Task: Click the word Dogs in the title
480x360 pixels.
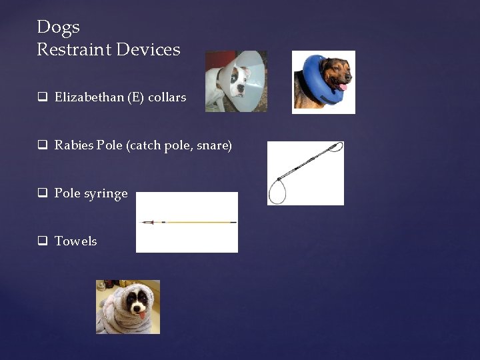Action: pyautogui.click(x=58, y=27)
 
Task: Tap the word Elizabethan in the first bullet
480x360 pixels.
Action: pyautogui.click(x=89, y=97)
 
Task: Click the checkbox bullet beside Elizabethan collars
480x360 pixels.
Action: pyautogui.click(x=42, y=97)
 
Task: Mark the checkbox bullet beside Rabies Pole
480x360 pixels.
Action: pyautogui.click(x=42, y=145)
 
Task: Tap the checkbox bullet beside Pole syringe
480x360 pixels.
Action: pyautogui.click(x=42, y=193)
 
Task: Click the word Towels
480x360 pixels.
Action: pyautogui.click(x=75, y=241)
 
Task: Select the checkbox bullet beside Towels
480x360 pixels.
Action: pyautogui.click(x=42, y=241)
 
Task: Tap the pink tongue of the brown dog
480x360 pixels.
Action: pyautogui.click(x=343, y=87)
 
